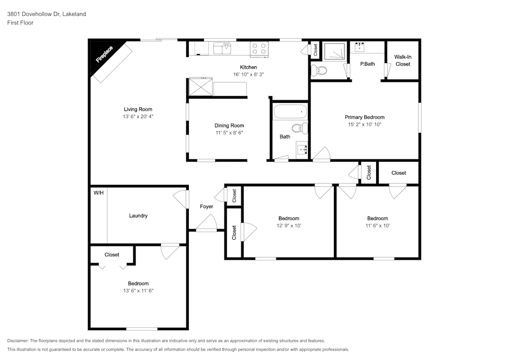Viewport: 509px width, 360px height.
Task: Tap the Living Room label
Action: pyautogui.click(x=138, y=109)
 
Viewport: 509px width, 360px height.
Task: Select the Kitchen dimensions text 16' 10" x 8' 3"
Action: pyautogui.click(x=248, y=74)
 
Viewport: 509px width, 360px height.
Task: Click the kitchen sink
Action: pyautogui.click(x=222, y=48)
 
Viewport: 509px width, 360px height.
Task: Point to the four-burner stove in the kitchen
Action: pyautogui.click(x=259, y=48)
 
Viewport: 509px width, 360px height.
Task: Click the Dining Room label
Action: pyautogui.click(x=229, y=126)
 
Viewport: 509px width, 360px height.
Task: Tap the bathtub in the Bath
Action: pyautogui.click(x=291, y=112)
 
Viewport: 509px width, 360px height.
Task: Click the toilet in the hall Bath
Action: pyautogui.click(x=300, y=128)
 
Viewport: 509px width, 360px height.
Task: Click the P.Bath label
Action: pyautogui.click(x=367, y=64)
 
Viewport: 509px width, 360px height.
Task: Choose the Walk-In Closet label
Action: pyautogui.click(x=403, y=61)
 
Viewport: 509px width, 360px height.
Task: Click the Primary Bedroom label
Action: pyautogui.click(x=364, y=117)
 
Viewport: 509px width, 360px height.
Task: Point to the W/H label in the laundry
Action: pyautogui.click(x=98, y=193)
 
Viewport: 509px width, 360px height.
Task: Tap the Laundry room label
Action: pyautogui.click(x=138, y=216)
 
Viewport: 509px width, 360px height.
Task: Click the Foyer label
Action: pyautogui.click(x=206, y=206)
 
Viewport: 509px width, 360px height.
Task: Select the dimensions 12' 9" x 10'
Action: pyautogui.click(x=289, y=226)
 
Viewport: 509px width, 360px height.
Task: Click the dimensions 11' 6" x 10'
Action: pyautogui.click(x=377, y=226)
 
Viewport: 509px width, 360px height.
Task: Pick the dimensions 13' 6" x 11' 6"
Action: pyautogui.click(x=138, y=291)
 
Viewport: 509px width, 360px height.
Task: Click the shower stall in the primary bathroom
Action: pyautogui.click(x=334, y=51)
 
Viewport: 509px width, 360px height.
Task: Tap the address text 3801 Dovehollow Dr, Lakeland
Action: pyautogui.click(x=46, y=14)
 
